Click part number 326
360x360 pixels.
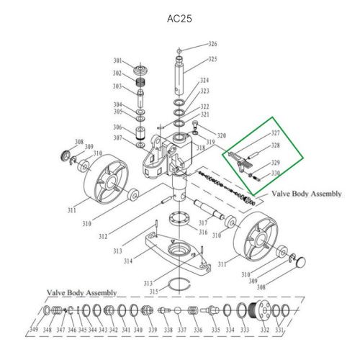[x=212, y=45]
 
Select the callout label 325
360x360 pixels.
[x=212, y=59]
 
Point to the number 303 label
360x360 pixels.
[x=117, y=86]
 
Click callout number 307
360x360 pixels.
[x=117, y=138]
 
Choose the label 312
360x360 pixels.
[x=104, y=236]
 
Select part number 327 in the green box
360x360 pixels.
[x=275, y=134]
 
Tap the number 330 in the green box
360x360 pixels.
[x=275, y=174]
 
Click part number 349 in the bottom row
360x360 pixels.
[x=35, y=330]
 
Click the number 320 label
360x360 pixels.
[x=221, y=135]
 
